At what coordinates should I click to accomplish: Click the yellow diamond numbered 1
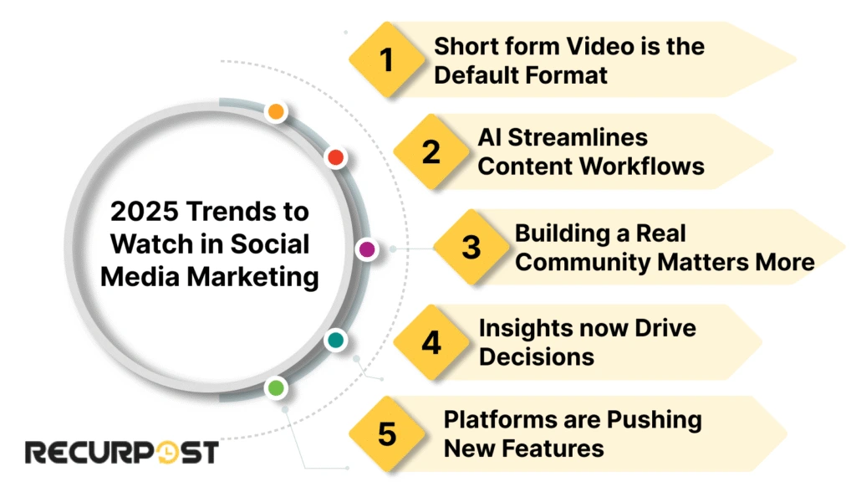pos(385,60)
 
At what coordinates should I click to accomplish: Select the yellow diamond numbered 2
pos(431,152)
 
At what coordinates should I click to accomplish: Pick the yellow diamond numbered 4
pos(431,342)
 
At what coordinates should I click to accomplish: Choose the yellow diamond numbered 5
pos(386,434)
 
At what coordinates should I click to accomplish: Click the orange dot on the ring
pos(276,112)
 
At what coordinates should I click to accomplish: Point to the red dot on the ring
pos(336,157)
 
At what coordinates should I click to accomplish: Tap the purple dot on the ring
pos(366,249)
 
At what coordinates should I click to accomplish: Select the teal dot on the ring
pos(335,340)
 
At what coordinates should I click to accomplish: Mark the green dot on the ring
pos(276,387)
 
